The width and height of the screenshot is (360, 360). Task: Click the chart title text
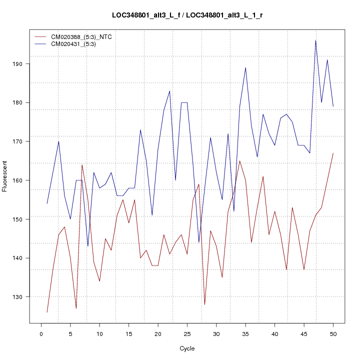[187, 15]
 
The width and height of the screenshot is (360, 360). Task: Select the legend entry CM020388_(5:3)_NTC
[79, 37]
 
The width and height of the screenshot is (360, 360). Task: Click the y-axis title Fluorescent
[5, 176]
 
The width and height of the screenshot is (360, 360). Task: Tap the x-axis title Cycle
[187, 348]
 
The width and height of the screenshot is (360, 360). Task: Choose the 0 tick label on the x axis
[41, 333]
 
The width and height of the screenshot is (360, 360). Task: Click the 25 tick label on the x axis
[187, 333]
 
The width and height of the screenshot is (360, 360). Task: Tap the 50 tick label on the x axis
[333, 333]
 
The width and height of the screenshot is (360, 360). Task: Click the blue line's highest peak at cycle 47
[315, 40]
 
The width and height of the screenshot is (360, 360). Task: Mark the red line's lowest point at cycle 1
[47, 312]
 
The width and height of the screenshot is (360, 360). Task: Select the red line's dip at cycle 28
[204, 304]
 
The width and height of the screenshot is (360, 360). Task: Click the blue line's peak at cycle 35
[245, 67]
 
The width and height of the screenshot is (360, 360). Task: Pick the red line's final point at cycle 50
[333, 153]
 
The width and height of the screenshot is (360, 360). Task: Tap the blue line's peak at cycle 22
[169, 91]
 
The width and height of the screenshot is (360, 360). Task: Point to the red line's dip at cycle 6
[76, 308]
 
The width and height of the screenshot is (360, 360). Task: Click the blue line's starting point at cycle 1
[47, 203]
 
